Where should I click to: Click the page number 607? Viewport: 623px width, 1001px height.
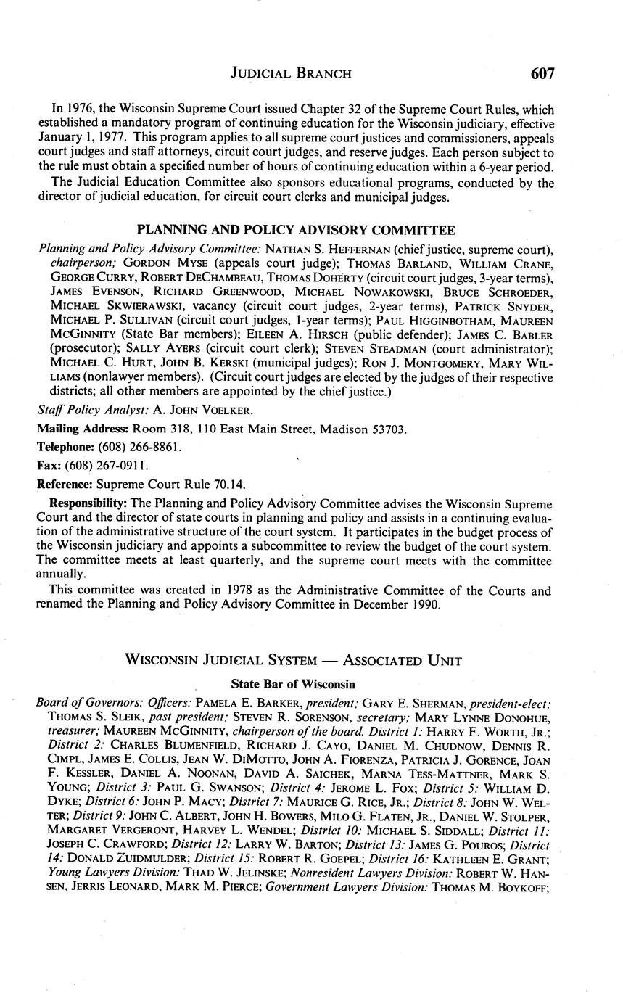click(542, 73)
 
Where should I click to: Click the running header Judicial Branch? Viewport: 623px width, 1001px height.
click(291, 73)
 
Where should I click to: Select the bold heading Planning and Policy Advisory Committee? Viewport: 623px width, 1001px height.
click(296, 231)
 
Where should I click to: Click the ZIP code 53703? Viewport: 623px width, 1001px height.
click(389, 429)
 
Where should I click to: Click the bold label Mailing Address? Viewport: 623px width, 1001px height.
click(83, 429)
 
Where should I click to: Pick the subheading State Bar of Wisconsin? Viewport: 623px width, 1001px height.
click(293, 684)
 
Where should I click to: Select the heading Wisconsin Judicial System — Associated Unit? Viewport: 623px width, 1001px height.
click(293, 660)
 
